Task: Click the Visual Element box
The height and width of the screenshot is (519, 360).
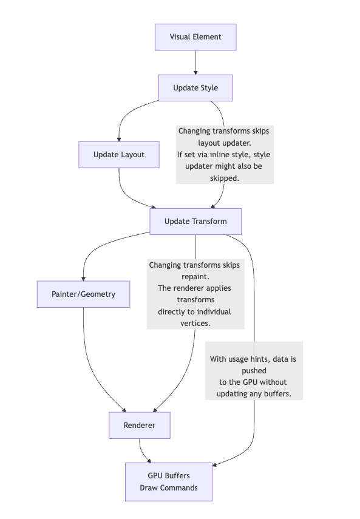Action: (x=195, y=37)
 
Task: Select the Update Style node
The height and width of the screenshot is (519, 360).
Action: (x=195, y=88)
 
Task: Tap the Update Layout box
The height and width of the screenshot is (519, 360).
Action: (x=119, y=155)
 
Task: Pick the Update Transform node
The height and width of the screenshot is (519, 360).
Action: (x=195, y=222)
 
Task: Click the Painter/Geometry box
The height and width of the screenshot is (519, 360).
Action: (x=83, y=294)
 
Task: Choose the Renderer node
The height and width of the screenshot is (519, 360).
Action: (x=139, y=426)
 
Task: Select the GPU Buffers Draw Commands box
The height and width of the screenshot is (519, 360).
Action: (x=169, y=482)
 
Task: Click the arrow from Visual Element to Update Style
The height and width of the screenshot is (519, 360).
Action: (x=195, y=62)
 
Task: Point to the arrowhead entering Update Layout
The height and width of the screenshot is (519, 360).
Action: (x=119, y=138)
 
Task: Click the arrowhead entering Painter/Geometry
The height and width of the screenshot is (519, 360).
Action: (x=83, y=277)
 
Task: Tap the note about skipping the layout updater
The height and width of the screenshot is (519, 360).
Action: (x=225, y=155)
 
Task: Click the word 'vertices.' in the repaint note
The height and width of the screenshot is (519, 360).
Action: (x=195, y=323)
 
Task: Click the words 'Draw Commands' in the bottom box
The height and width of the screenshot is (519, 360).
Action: (x=169, y=487)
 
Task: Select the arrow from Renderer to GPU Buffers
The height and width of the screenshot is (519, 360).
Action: (x=143, y=450)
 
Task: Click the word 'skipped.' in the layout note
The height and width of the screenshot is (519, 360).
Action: (x=225, y=178)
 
